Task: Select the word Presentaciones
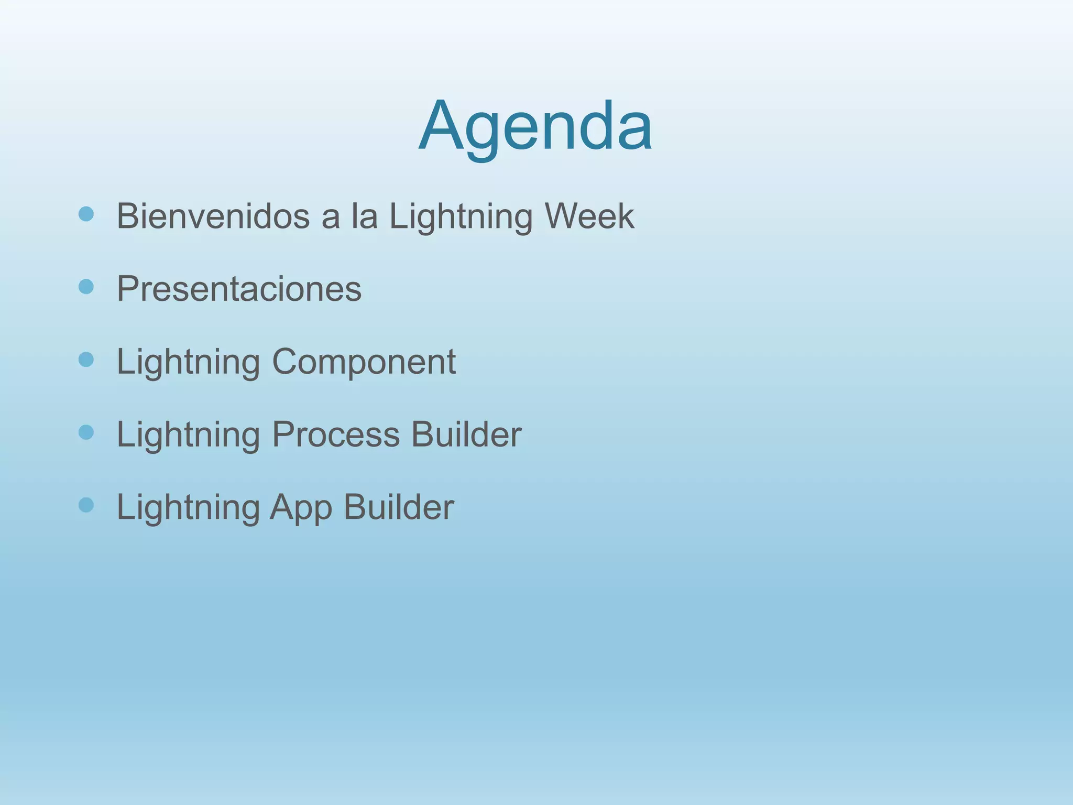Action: pos(239,288)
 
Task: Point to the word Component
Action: pos(364,361)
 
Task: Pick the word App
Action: pos(301,508)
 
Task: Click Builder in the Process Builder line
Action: pos(466,434)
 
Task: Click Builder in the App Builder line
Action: pos(399,507)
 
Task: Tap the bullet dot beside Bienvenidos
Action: pos(86,214)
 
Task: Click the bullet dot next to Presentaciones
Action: pos(86,287)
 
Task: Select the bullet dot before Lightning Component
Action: pos(86,360)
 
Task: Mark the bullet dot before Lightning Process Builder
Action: pos(86,432)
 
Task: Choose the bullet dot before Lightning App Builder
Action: pos(86,505)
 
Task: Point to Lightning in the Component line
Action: pos(188,362)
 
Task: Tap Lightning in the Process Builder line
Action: pos(188,435)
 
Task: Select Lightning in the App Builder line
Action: pos(188,508)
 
